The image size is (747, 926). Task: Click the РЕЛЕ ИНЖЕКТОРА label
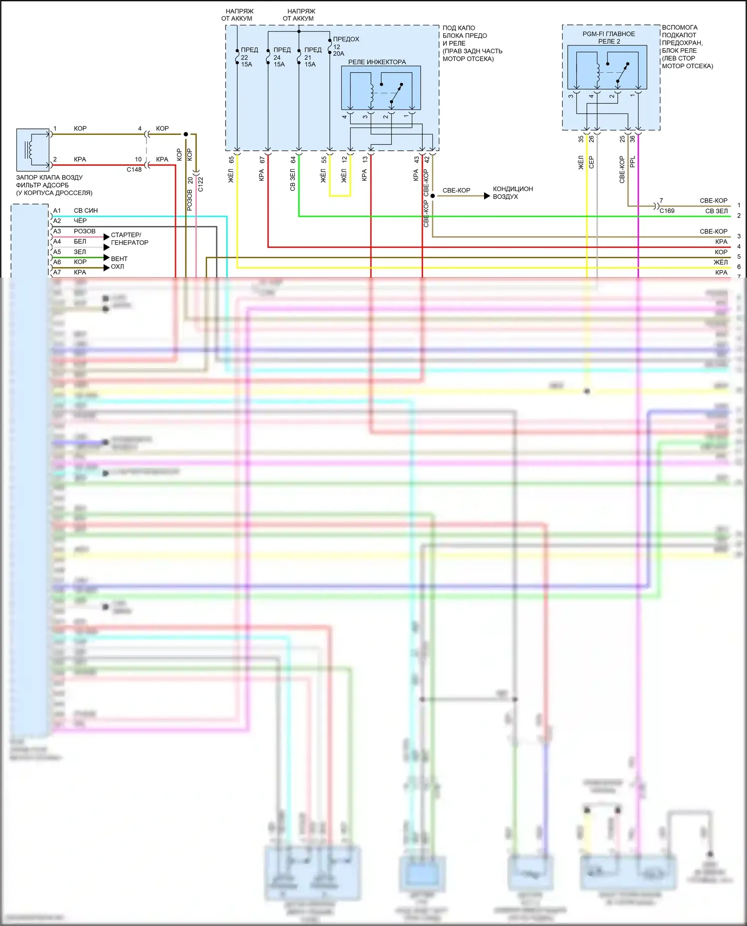click(x=376, y=62)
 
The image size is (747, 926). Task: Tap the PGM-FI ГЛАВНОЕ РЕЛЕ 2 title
click(x=609, y=38)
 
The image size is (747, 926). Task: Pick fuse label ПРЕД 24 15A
click(x=281, y=57)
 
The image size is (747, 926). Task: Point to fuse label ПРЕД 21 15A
click(x=312, y=57)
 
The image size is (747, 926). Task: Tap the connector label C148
click(x=134, y=170)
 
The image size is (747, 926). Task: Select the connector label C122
click(x=201, y=185)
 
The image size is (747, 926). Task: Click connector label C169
click(x=667, y=211)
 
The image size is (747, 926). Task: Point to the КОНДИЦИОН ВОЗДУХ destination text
click(x=512, y=193)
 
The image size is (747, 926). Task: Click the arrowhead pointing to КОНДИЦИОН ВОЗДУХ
click(x=487, y=196)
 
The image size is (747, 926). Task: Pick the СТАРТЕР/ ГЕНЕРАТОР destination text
click(x=129, y=239)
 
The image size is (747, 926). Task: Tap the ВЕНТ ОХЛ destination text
click(x=119, y=263)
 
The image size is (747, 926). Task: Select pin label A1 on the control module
click(x=57, y=211)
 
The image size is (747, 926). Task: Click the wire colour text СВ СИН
click(x=86, y=211)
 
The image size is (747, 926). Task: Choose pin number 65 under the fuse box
click(x=231, y=160)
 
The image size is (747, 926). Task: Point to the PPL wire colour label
click(x=632, y=162)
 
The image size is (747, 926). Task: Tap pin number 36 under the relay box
click(x=632, y=139)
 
